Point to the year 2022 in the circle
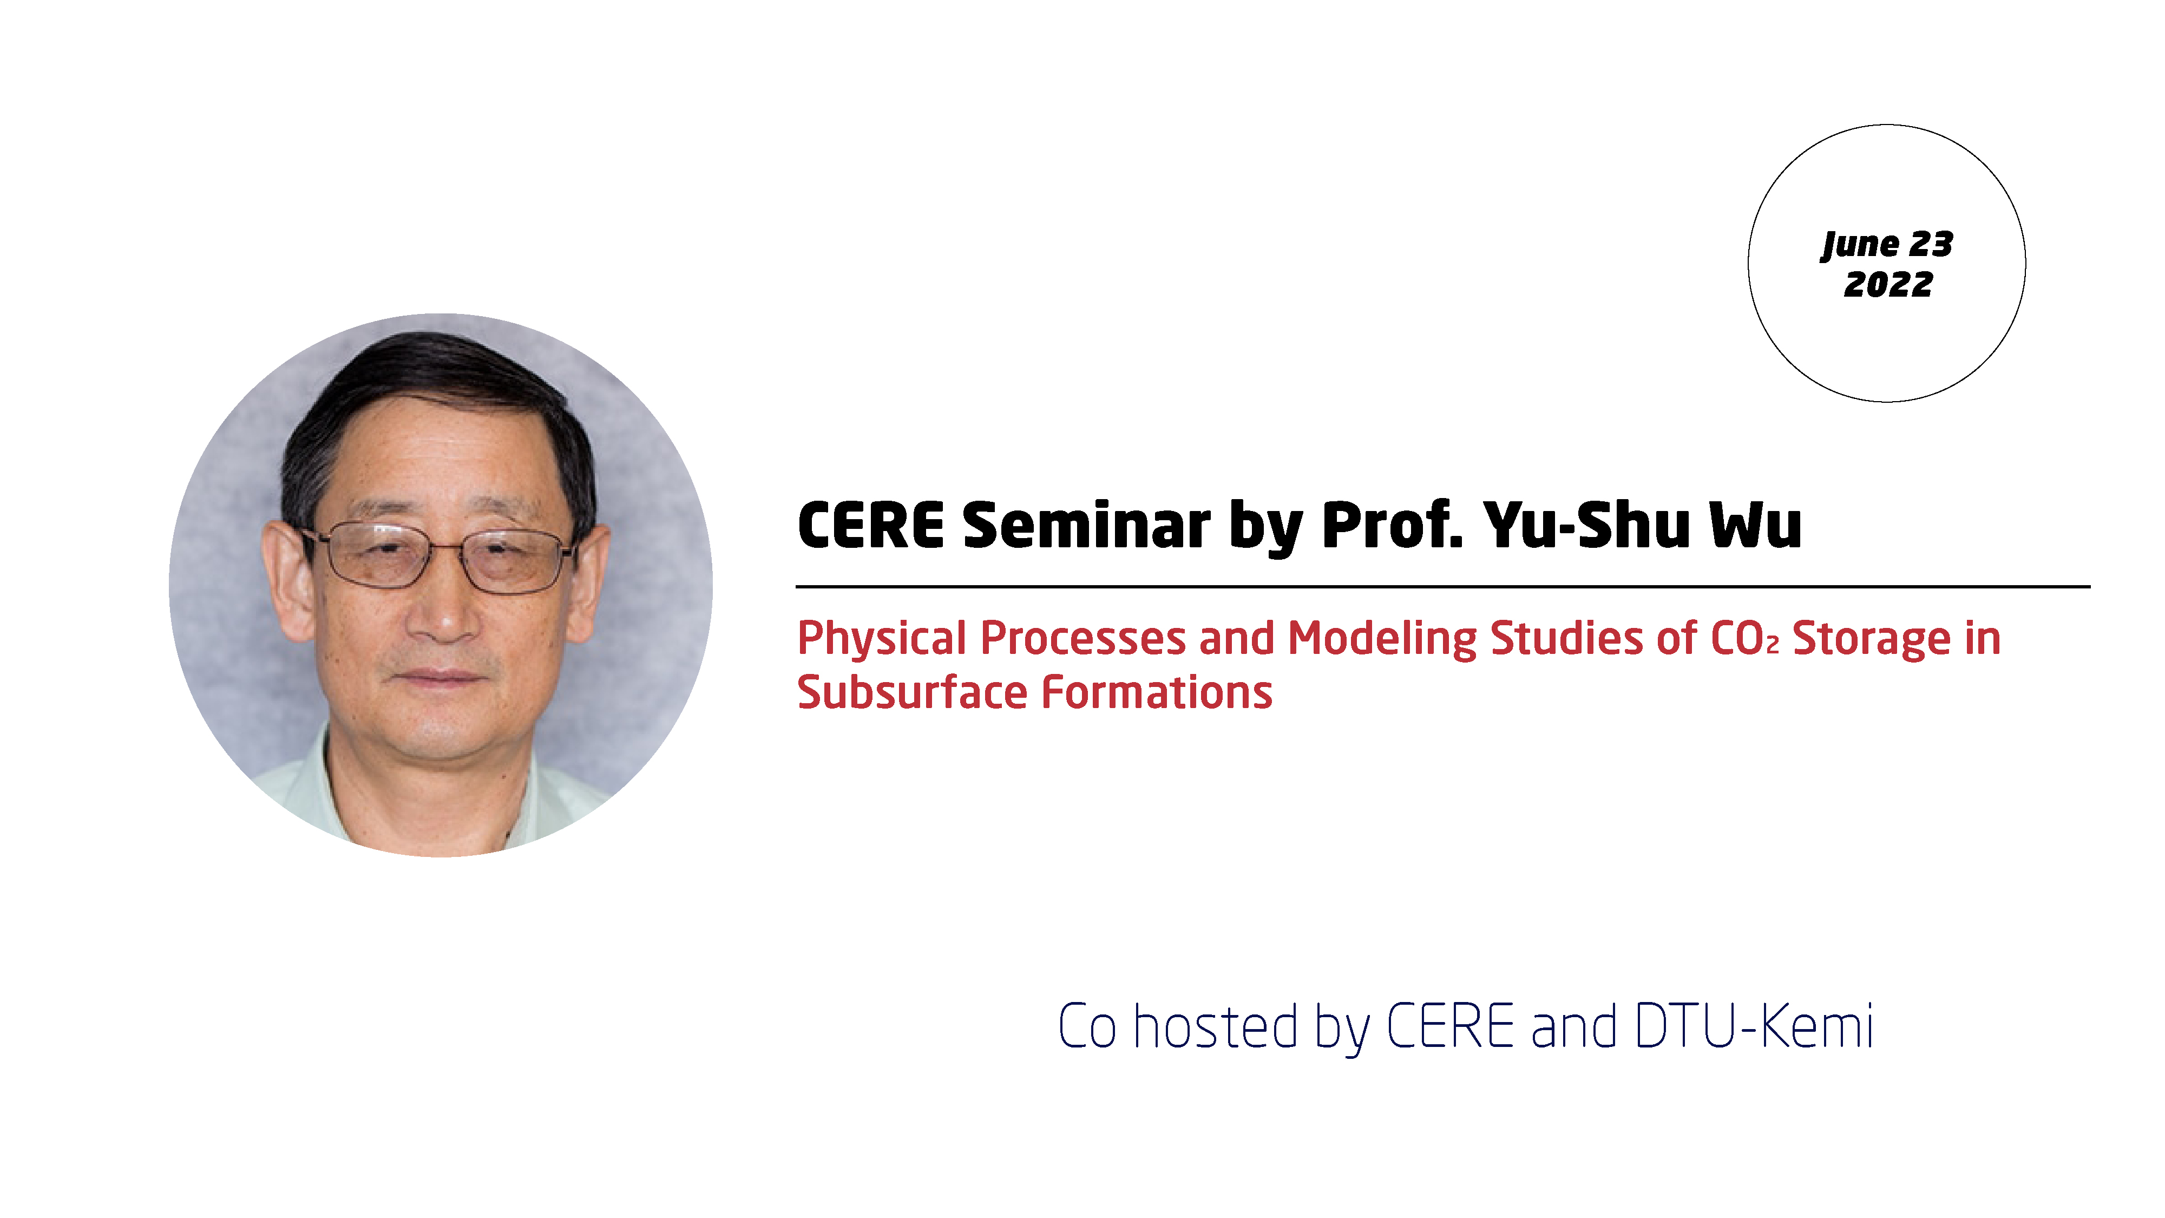pos(1888,284)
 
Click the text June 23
pos(1888,245)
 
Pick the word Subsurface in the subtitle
pos(913,693)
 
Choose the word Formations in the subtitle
pos(1157,693)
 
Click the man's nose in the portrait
pos(443,618)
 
